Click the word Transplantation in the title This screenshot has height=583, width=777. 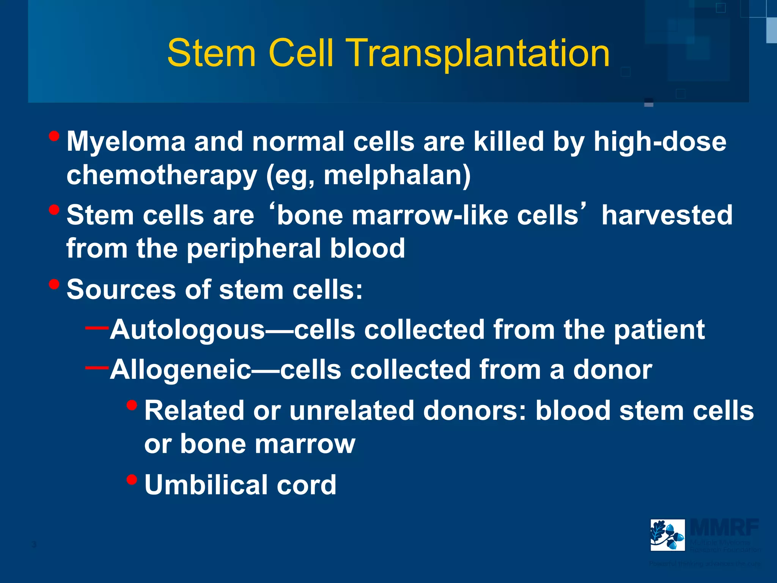tap(479, 54)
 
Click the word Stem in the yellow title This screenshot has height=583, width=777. tap(211, 54)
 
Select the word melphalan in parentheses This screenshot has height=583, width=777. tap(393, 175)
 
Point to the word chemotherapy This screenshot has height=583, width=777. tap(162, 175)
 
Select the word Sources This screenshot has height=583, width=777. tap(121, 290)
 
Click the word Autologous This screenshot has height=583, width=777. tap(187, 330)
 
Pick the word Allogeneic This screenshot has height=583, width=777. tap(181, 370)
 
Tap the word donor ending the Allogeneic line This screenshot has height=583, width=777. tap(612, 370)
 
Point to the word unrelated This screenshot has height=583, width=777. tap(351, 411)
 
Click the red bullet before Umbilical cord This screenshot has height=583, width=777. tap(132, 480)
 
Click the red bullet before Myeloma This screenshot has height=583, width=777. tap(54, 136)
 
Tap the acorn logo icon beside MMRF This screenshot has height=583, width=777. tap(667, 535)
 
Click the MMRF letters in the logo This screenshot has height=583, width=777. tap(724, 528)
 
